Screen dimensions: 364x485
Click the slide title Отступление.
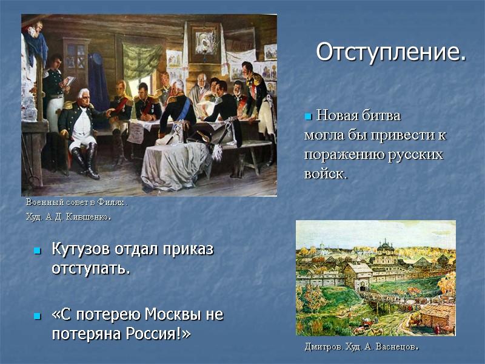pyautogui.click(x=391, y=52)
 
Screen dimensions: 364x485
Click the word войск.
pyautogui.click(x=326, y=174)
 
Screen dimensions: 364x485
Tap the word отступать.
pyautogui.click(x=91, y=268)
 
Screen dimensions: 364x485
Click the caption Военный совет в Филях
pyautogui.click(x=76, y=202)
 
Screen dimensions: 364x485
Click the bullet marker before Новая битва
pyautogui.click(x=307, y=116)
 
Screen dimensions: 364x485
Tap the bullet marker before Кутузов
pyautogui.click(x=37, y=251)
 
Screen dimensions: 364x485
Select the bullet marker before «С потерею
pyautogui.click(x=37, y=316)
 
